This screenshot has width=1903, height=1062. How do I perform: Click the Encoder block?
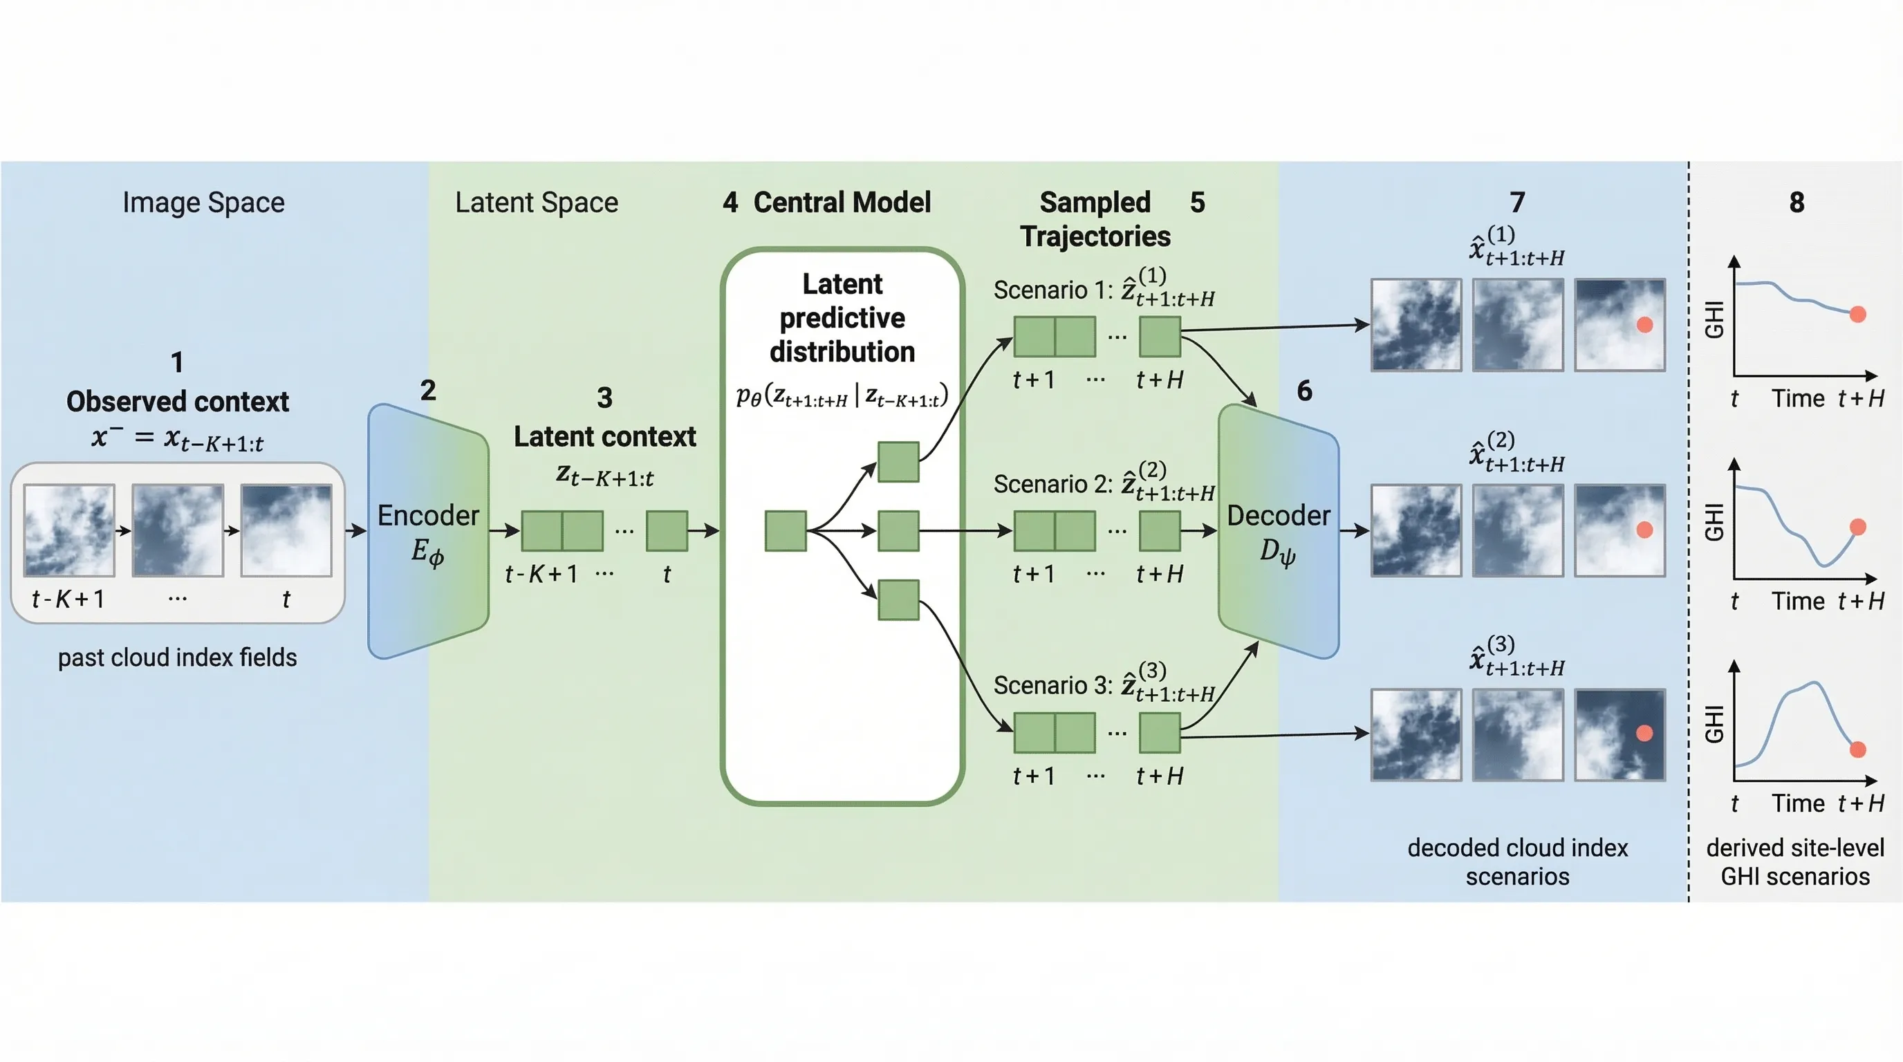(x=429, y=530)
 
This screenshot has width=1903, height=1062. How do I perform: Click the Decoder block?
(x=1278, y=530)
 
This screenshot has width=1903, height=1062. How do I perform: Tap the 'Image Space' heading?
(x=203, y=203)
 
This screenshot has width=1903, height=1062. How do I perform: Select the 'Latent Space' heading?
(x=537, y=203)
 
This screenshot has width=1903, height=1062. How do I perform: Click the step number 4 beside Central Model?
(x=730, y=203)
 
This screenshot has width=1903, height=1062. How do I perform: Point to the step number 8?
(x=1797, y=203)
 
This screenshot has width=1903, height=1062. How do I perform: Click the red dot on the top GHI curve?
(x=1858, y=315)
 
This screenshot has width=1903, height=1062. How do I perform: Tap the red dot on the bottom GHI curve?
(x=1858, y=749)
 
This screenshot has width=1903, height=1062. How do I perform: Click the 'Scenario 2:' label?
(x=1052, y=485)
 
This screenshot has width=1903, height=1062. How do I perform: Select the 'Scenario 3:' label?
(x=1052, y=685)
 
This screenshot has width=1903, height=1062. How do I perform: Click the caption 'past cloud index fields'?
(x=177, y=658)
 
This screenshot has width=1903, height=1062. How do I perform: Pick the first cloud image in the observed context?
(x=69, y=530)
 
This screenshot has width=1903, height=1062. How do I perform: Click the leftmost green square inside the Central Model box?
(x=786, y=530)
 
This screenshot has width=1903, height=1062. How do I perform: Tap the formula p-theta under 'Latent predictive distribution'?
(x=842, y=397)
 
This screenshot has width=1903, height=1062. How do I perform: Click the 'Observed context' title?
(x=177, y=402)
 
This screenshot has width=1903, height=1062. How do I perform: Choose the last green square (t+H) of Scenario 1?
(x=1160, y=337)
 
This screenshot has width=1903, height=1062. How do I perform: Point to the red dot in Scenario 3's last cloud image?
(x=1644, y=733)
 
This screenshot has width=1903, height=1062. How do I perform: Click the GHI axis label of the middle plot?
(x=1714, y=521)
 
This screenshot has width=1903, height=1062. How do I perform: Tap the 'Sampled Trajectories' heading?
(x=1095, y=219)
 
